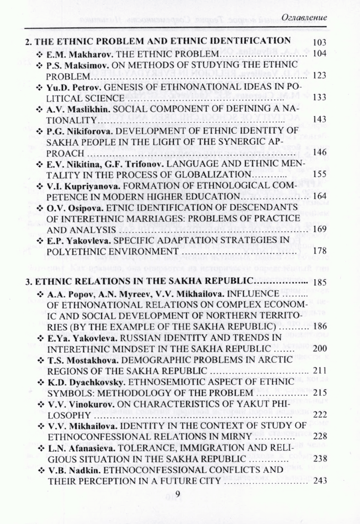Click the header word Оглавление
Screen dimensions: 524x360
tap(305, 18)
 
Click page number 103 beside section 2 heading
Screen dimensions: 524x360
tap(319, 42)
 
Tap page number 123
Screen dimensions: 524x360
tap(319, 76)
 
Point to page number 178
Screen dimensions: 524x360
tap(319, 251)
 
